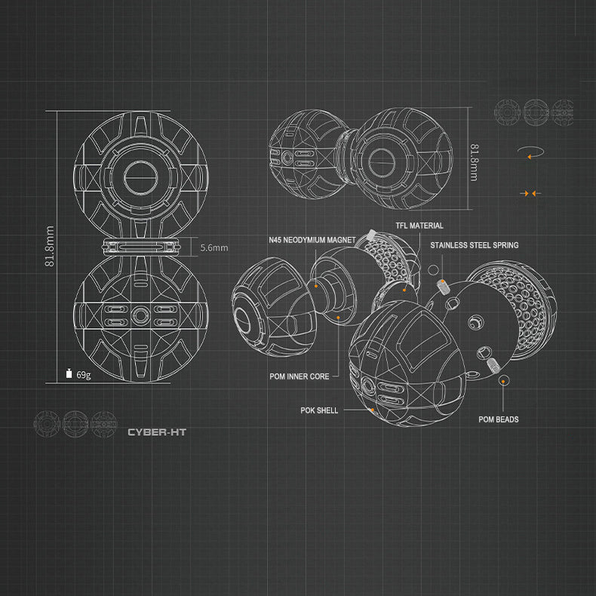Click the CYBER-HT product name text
click(x=157, y=432)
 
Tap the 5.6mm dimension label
click(x=214, y=247)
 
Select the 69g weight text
click(x=84, y=375)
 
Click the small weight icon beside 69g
click(x=69, y=373)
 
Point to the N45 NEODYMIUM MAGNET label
click(x=312, y=240)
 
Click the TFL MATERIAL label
click(x=419, y=226)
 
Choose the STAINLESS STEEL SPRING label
click(x=475, y=245)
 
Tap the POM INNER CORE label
click(x=300, y=376)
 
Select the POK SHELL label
click(x=319, y=410)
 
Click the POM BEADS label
click(x=499, y=419)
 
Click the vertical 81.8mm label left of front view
click(x=49, y=246)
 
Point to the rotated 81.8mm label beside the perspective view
click(x=474, y=162)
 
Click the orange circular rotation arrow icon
click(x=530, y=152)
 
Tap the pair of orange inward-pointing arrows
click(x=530, y=193)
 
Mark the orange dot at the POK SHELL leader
click(x=373, y=410)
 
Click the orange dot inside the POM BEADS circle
click(x=503, y=380)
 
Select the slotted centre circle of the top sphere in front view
click(x=140, y=177)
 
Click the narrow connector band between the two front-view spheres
click(x=141, y=247)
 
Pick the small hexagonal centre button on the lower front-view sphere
click(x=140, y=315)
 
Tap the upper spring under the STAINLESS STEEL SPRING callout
click(x=443, y=286)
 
